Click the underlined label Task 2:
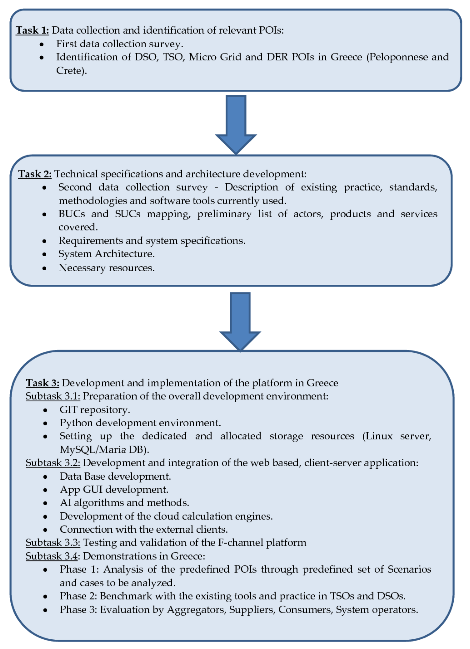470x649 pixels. click(x=35, y=174)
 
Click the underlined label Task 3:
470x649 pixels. click(x=42, y=383)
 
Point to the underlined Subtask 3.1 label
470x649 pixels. click(x=53, y=396)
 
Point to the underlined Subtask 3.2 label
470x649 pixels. click(x=53, y=463)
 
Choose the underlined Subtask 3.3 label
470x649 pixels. click(x=53, y=543)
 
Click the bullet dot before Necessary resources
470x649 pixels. click(x=44, y=268)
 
